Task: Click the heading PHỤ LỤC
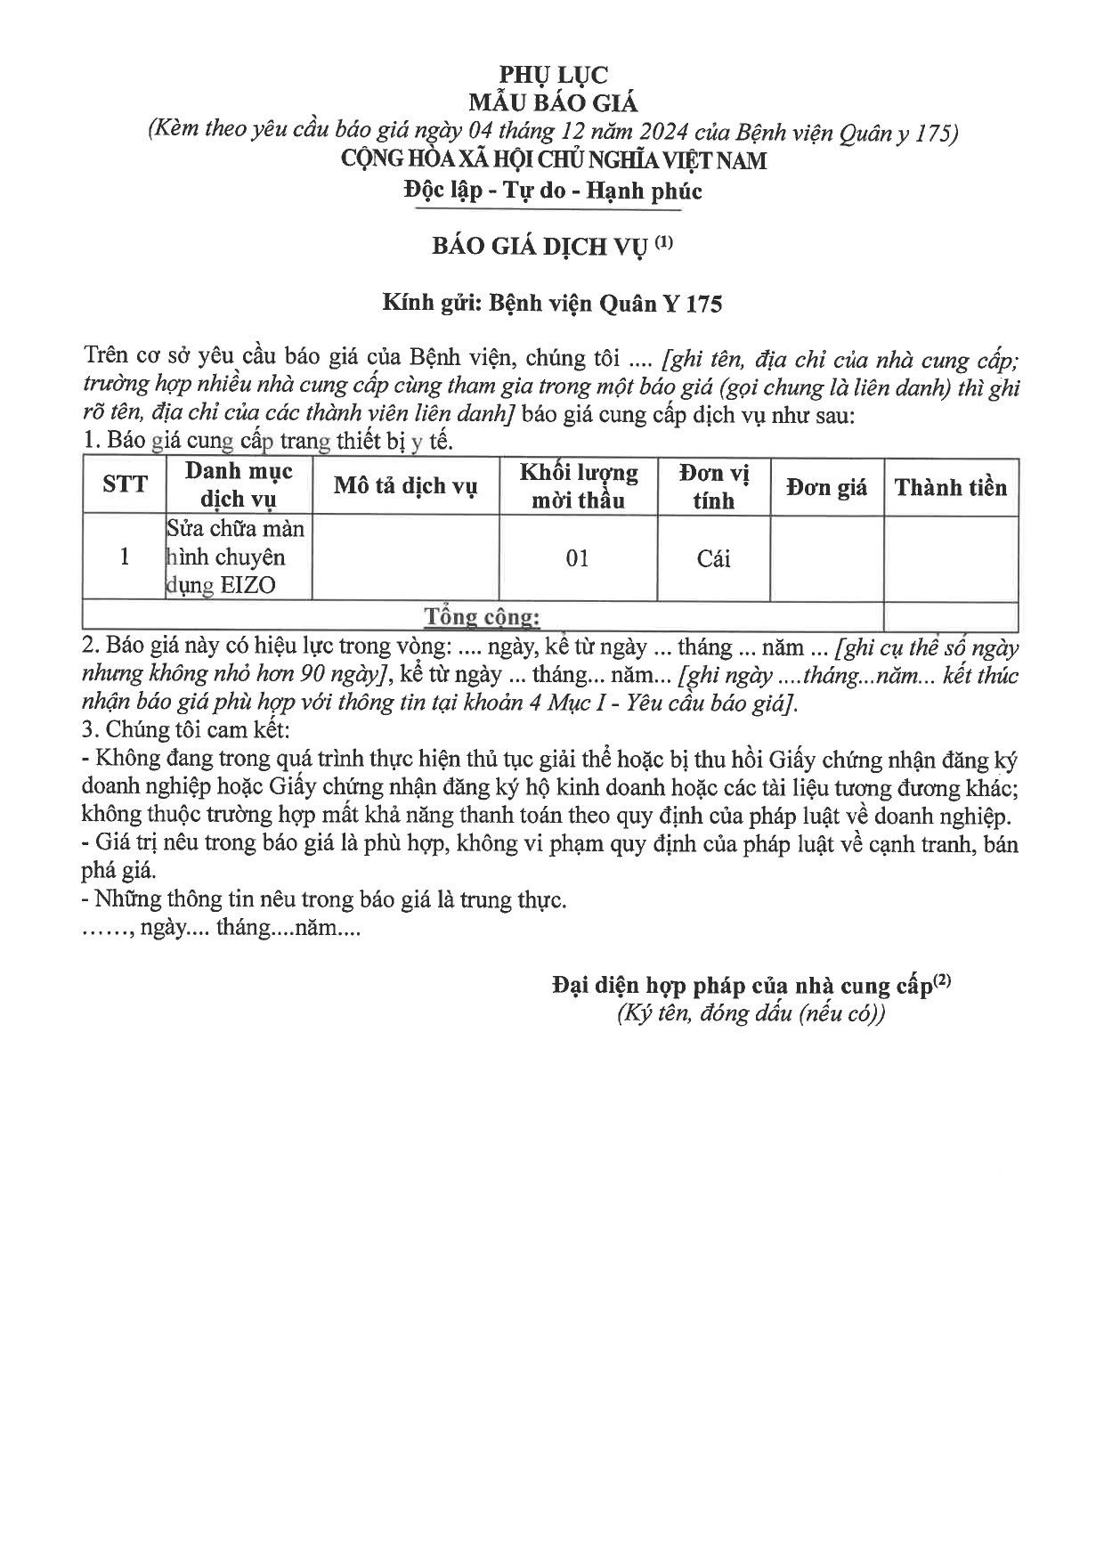point(553,75)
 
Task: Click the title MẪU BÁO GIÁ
point(553,103)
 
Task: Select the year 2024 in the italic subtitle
point(653,133)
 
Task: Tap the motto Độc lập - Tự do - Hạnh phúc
point(552,191)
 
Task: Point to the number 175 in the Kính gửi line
point(704,305)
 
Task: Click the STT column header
point(125,484)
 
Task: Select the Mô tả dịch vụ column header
point(405,486)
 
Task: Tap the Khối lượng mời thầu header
point(579,486)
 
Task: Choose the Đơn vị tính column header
point(714,486)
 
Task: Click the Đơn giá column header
point(826,487)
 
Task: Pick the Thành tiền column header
point(950,487)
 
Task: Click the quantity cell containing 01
point(578,558)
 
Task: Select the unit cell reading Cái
point(713,558)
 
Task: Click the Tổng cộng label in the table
point(482,616)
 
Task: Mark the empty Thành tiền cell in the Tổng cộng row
point(950,616)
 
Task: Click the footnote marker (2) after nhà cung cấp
point(942,981)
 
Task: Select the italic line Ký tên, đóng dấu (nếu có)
point(751,1014)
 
